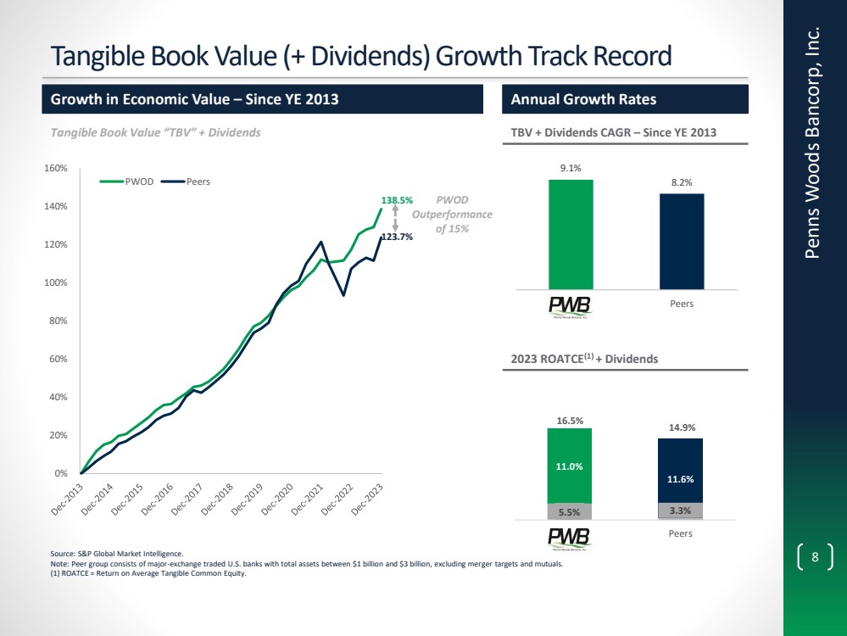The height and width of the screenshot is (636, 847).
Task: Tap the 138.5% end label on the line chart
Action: [x=397, y=200]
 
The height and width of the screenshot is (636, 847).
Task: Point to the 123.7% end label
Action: [x=396, y=237]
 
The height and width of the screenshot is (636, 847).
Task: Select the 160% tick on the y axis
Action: [x=56, y=168]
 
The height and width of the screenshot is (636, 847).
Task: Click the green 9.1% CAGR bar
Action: [x=571, y=234]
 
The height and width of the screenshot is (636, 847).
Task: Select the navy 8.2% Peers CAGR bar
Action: [x=682, y=241]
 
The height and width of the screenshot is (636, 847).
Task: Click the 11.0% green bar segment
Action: [x=569, y=466]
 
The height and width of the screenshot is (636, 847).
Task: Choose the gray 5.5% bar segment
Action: [x=569, y=511]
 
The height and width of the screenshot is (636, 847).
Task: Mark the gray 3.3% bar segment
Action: [x=680, y=511]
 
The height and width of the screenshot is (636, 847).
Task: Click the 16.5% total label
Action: [x=569, y=419]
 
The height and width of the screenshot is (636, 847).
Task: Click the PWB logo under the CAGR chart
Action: [x=570, y=305]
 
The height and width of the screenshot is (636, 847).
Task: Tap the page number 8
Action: [x=815, y=557]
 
